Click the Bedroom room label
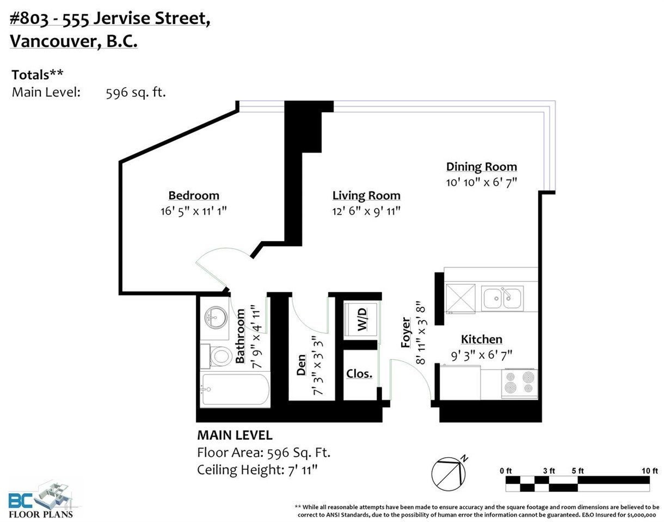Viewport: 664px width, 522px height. click(x=194, y=195)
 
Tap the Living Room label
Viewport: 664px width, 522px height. click(x=366, y=195)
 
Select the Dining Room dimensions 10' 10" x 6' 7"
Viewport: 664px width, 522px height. click(x=482, y=182)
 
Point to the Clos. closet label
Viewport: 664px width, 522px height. click(x=359, y=373)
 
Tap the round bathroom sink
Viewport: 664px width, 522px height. click(x=216, y=317)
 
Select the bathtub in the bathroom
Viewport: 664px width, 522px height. click(x=235, y=390)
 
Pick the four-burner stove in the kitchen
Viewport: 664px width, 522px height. click(x=519, y=384)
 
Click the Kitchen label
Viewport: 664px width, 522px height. click(x=482, y=340)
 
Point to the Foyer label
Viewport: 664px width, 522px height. click(x=406, y=333)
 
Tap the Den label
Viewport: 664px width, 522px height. click(x=302, y=365)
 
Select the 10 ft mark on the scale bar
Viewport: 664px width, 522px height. click(x=650, y=471)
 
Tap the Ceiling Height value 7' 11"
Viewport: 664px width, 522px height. click(x=303, y=470)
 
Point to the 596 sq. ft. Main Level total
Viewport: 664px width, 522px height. click(x=136, y=93)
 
